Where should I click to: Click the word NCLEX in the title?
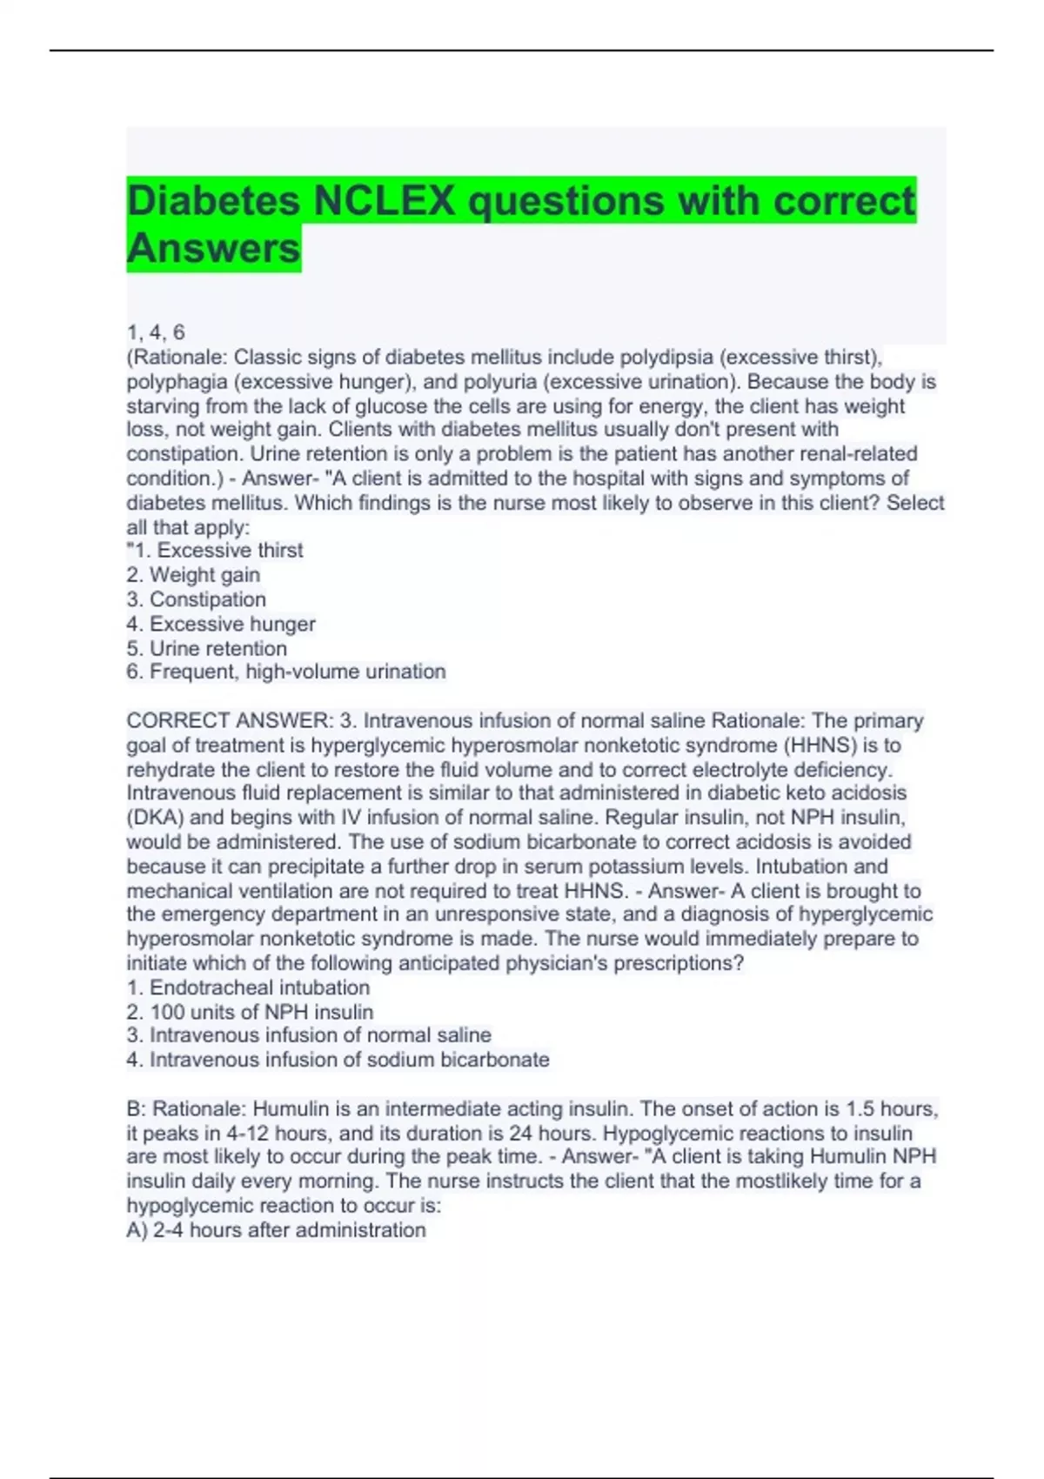(x=384, y=201)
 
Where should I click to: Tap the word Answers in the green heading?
(x=214, y=249)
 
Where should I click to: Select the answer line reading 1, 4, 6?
(x=156, y=332)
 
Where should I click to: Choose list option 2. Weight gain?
(x=193, y=575)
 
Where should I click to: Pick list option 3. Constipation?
(x=197, y=599)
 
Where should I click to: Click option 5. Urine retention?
(x=207, y=648)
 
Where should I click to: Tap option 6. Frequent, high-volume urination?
(x=286, y=672)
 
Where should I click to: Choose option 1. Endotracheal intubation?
(x=248, y=987)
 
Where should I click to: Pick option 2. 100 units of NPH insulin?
(x=250, y=1012)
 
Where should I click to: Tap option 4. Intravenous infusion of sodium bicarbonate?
(x=338, y=1060)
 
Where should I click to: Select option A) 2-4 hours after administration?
(x=277, y=1230)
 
